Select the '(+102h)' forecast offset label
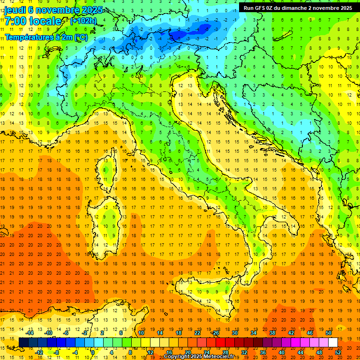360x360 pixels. (x=83, y=21)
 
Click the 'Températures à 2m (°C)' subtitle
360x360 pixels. (x=46, y=37)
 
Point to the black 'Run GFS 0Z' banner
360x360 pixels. (x=298, y=7)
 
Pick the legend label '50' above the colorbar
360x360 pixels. (x=328, y=333)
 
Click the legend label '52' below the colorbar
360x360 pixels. (x=338, y=352)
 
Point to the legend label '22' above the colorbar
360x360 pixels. (x=197, y=333)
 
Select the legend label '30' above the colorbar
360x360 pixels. (x=234, y=333)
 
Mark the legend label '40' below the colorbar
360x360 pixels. (x=282, y=352)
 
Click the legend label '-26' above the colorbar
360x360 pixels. (x=215, y=333)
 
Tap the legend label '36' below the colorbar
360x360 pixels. (x=263, y=352)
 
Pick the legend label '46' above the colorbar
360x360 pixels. (x=309, y=333)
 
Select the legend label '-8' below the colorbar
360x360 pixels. (x=57, y=352)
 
